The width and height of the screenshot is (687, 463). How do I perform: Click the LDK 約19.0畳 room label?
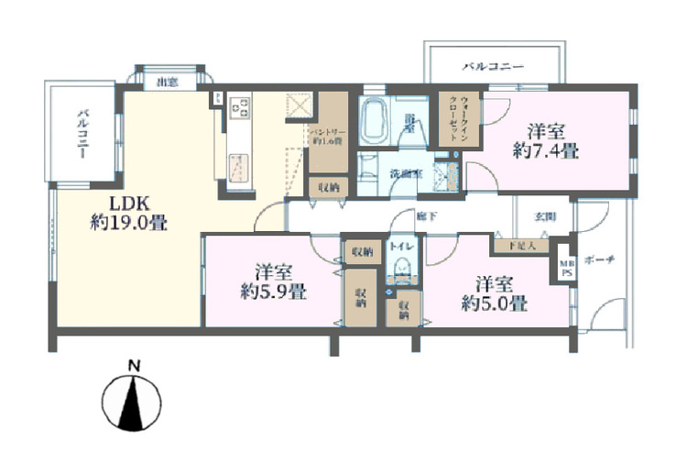tap(128, 212)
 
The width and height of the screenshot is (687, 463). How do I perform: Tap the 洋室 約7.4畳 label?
tap(545, 140)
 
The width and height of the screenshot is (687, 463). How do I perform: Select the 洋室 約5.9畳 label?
tap(273, 281)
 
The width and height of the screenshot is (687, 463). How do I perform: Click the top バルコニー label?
tap(493, 68)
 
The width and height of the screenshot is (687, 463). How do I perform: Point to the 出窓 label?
tap(167, 83)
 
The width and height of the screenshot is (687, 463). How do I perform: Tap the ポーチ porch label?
tap(604, 259)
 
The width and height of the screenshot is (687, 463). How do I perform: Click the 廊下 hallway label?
tap(425, 217)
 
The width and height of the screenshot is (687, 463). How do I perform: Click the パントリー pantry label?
tap(326, 136)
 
